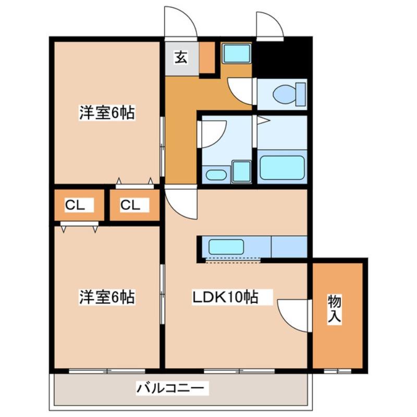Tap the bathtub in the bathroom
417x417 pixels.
click(x=281, y=167)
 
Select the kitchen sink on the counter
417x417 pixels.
click(x=226, y=247)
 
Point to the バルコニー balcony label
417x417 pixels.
click(x=173, y=388)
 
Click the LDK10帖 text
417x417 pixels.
click(x=225, y=298)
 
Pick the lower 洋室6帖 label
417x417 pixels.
click(x=106, y=298)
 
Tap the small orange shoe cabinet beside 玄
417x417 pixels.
click(x=207, y=57)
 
